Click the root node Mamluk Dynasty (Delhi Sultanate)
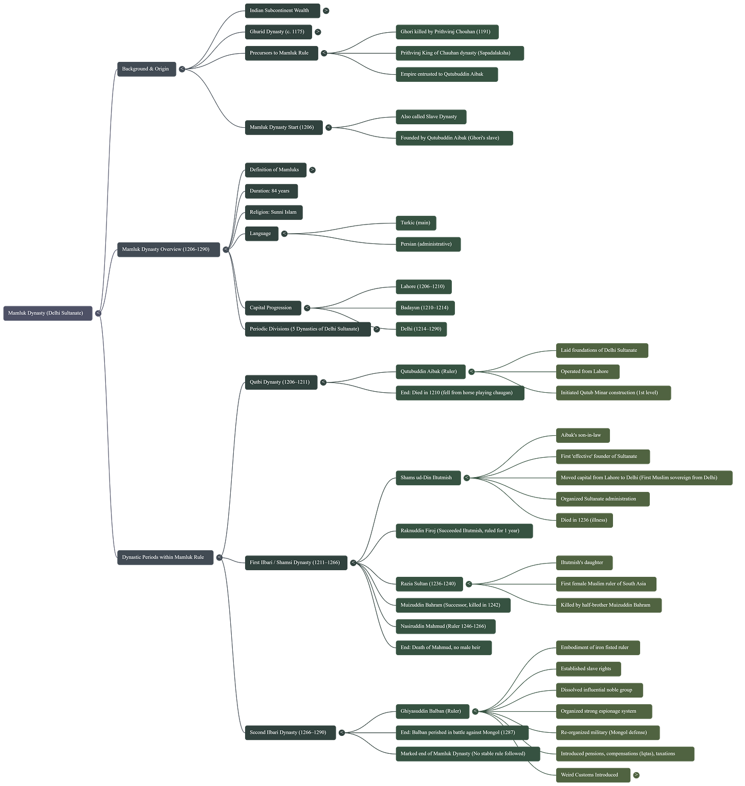coord(47,313)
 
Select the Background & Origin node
coord(146,69)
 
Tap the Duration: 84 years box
coord(271,191)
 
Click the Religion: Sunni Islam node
coord(274,212)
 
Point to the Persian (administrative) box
coord(427,244)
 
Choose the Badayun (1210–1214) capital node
coord(425,308)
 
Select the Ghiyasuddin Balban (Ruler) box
coord(431,711)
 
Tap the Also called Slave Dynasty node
coord(430,117)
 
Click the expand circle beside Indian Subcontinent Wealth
coord(326,10)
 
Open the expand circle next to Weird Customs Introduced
coord(637,775)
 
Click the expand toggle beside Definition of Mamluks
coord(313,170)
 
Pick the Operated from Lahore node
coord(586,372)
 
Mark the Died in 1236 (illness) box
coord(584,520)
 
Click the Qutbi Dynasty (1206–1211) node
coord(280,382)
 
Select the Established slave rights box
coord(587,668)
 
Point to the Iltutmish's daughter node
coord(583,563)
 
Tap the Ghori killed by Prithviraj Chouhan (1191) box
coord(446,32)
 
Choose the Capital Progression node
coord(272,308)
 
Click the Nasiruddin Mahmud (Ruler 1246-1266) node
coord(444,626)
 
